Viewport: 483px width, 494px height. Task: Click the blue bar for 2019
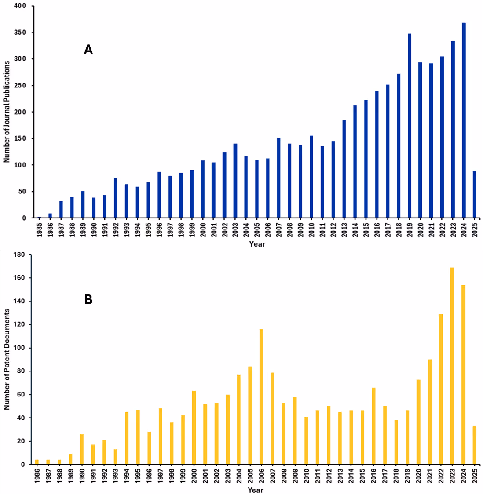[x=410, y=126]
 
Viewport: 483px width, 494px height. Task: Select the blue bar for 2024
[x=464, y=120]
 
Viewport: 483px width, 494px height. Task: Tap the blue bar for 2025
[x=475, y=194]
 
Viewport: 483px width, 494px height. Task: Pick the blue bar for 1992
[x=116, y=198]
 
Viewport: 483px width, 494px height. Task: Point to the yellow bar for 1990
[x=82, y=449]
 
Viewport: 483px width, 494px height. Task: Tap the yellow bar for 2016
[x=374, y=426]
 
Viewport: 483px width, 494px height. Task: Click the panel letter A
[x=88, y=50]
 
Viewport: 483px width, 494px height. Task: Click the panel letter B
[x=88, y=300]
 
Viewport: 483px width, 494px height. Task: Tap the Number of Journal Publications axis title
[x=7, y=112]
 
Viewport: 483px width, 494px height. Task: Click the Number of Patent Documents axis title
[x=7, y=359]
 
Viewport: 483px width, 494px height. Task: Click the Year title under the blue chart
[x=257, y=244]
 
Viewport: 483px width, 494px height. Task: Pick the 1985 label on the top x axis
[x=40, y=229]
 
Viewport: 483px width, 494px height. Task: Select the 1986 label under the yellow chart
[x=37, y=476]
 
